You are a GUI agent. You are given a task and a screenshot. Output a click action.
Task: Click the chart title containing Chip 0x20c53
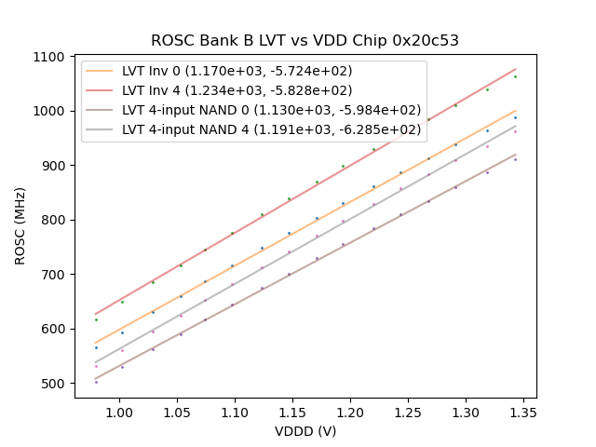305,41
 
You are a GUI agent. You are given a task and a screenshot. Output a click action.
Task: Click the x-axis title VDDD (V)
305,431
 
